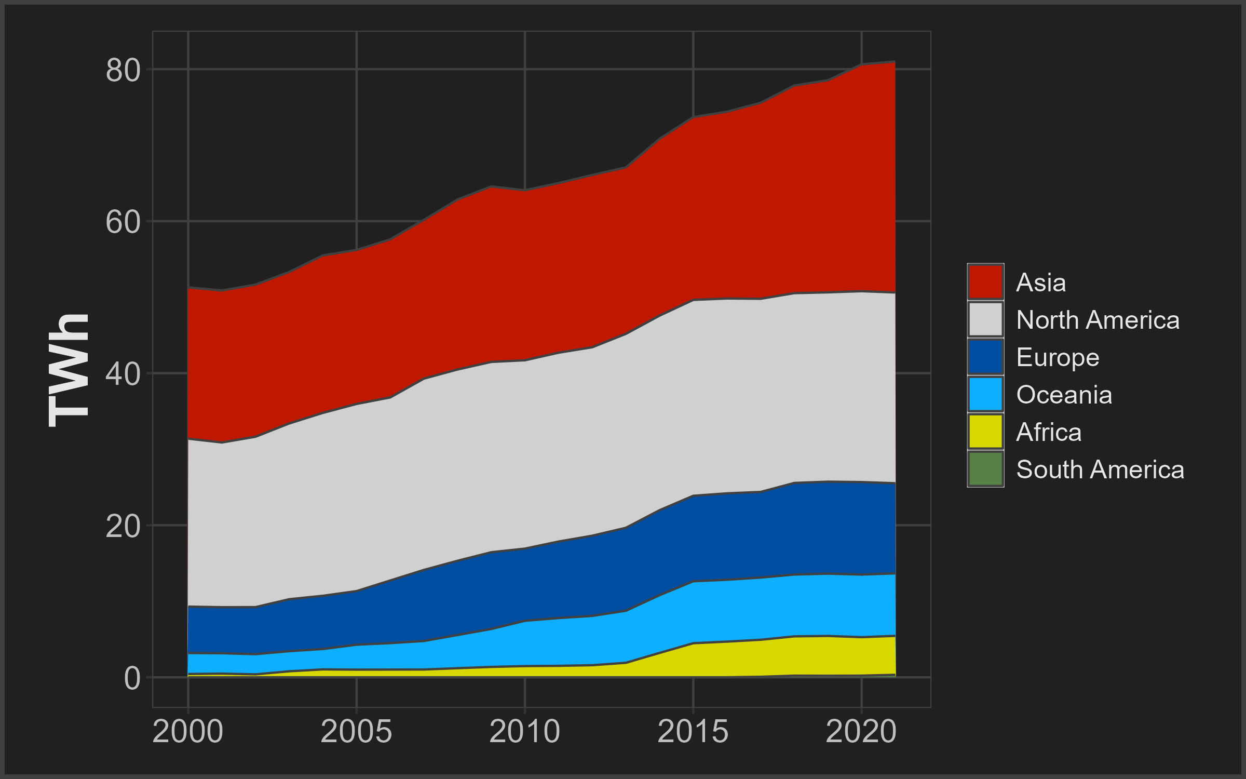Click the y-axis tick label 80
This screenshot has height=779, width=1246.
(x=123, y=70)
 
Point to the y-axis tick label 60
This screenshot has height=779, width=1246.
(x=123, y=222)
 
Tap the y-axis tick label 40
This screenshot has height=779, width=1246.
(x=123, y=374)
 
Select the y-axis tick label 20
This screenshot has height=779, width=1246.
(x=123, y=527)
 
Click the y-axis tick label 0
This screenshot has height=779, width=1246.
(x=132, y=678)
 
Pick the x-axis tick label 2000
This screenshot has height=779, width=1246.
(x=188, y=732)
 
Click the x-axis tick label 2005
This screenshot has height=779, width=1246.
(x=356, y=732)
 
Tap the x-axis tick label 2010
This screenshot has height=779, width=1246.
(x=524, y=732)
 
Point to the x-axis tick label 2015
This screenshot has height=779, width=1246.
(x=693, y=732)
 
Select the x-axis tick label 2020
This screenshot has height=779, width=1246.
(x=861, y=732)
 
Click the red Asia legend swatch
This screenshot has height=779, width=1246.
(x=985, y=282)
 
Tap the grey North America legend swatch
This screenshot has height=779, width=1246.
(x=985, y=319)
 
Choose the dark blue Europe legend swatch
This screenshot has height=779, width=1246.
(x=985, y=357)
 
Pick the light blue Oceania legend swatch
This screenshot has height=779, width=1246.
(x=985, y=394)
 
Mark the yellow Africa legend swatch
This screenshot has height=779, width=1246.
(x=985, y=432)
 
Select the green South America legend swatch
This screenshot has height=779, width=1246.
(x=985, y=469)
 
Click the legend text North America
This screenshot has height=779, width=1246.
(x=1098, y=320)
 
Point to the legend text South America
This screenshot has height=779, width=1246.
(x=1100, y=469)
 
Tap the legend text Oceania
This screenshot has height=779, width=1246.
(x=1064, y=395)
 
